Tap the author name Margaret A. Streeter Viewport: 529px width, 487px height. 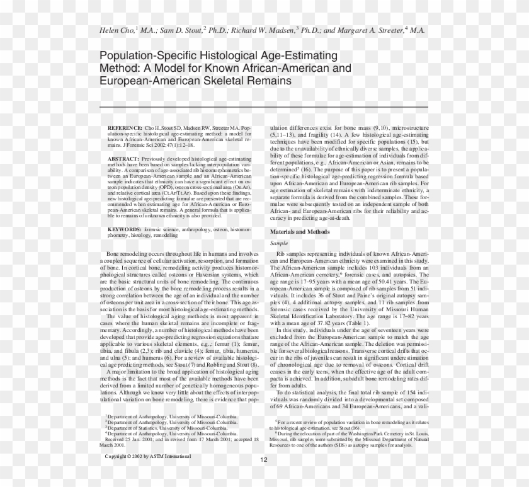pyautogui.click(x=367, y=30)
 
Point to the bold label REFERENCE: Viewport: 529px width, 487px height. pyautogui.click(x=125, y=127)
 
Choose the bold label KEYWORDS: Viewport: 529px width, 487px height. pyautogui.click(x=124, y=230)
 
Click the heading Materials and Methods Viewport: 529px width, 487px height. pyautogui.click(x=300, y=232)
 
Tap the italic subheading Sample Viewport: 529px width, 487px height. pyautogui.click(x=278, y=243)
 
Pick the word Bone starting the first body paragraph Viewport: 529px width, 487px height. pyautogui.click(x=114, y=253)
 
